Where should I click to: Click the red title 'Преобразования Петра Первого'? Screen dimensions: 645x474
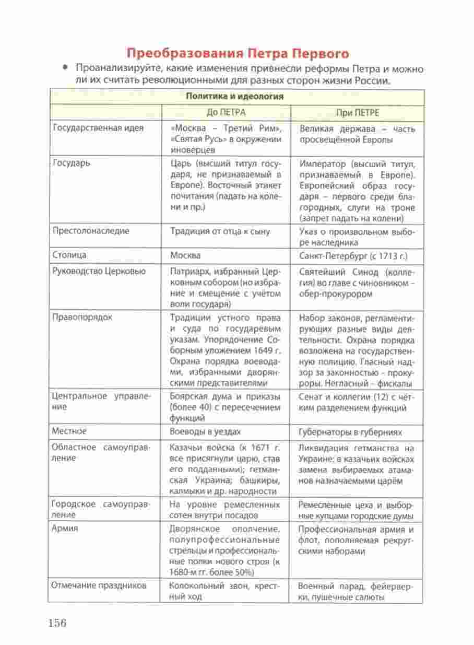(238, 54)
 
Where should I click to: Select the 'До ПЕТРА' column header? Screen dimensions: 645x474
(226, 112)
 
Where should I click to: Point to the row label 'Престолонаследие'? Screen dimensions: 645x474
(91, 230)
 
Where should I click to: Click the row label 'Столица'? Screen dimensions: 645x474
(69, 255)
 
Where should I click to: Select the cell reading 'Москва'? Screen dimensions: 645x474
(185, 256)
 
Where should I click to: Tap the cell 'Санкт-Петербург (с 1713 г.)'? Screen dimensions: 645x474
(353, 256)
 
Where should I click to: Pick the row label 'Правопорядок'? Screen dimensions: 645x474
(82, 317)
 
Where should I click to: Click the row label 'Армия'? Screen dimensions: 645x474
(65, 529)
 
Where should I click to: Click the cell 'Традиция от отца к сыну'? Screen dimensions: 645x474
(220, 231)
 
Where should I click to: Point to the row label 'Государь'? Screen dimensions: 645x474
(72, 163)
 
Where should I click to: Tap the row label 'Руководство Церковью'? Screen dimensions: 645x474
(99, 271)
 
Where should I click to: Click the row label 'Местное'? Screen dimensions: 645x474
(69, 431)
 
